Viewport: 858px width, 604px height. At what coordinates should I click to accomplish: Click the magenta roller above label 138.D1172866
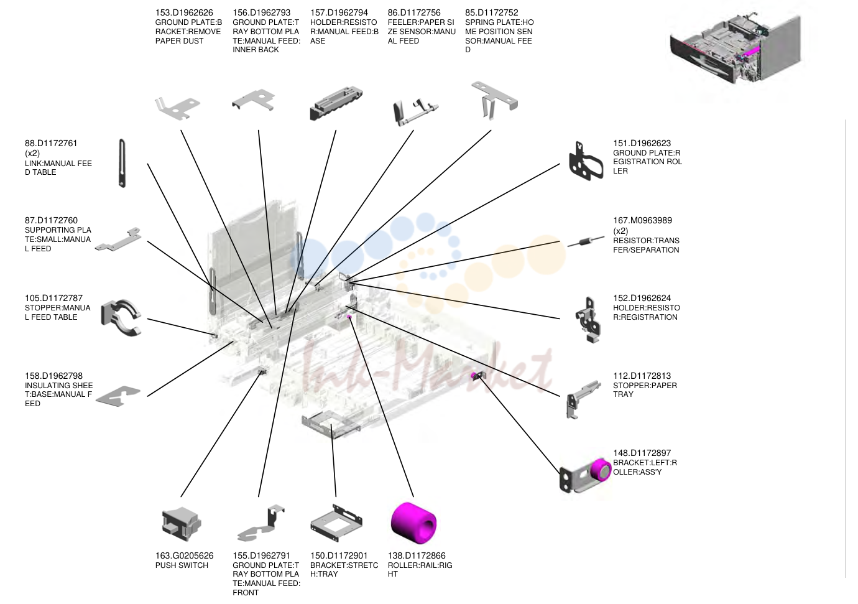pyautogui.click(x=413, y=523)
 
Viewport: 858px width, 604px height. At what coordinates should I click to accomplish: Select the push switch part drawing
pyautogui.click(x=182, y=524)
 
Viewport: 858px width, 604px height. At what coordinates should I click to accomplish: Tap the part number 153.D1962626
pyautogui.click(x=184, y=12)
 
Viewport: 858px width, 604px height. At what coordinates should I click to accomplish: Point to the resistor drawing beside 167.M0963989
pyautogui.click(x=586, y=241)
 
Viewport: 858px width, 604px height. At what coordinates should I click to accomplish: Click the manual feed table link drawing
pyautogui.click(x=122, y=163)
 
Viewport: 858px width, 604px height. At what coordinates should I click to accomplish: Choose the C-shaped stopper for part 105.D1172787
pyautogui.click(x=121, y=318)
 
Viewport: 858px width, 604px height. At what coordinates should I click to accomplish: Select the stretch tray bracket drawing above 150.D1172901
pyautogui.click(x=336, y=523)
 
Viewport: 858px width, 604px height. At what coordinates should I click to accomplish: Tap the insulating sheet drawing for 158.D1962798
pyautogui.click(x=118, y=396)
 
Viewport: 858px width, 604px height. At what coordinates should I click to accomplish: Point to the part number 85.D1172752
pyautogui.click(x=491, y=12)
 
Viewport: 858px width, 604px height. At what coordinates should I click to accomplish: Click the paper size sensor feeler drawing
pyautogui.click(x=415, y=113)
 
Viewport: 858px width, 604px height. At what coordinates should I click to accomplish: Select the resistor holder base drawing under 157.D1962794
pyautogui.click(x=336, y=105)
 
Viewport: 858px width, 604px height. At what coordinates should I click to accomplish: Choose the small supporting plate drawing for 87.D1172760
pyautogui.click(x=118, y=239)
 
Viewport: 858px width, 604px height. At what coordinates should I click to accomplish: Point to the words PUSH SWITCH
pyautogui.click(x=182, y=565)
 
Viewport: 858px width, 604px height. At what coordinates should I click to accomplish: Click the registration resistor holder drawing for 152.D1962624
pyautogui.click(x=588, y=320)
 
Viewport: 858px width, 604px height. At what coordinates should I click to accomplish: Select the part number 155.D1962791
pyautogui.click(x=261, y=555)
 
